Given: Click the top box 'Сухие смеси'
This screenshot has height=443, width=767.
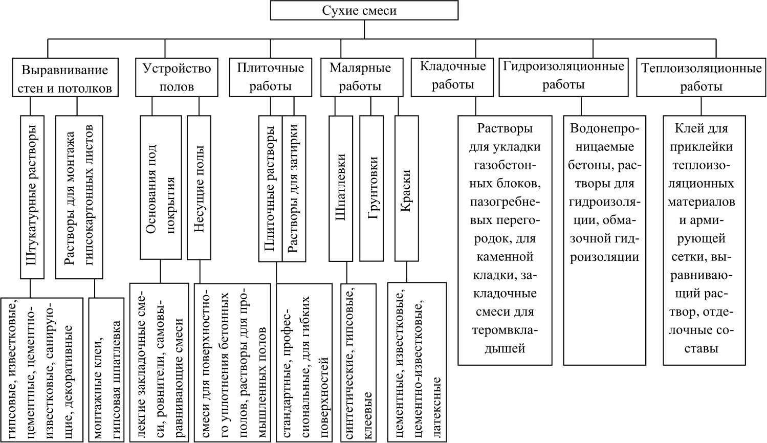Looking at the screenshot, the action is [364, 10].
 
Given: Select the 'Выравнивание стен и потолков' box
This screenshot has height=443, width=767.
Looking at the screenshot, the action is [65, 77].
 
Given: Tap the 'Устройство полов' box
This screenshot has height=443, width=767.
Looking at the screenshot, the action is [177, 77].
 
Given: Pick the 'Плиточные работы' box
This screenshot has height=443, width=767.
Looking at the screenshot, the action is [271, 77].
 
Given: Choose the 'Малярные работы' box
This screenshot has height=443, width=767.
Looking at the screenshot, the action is [362, 77].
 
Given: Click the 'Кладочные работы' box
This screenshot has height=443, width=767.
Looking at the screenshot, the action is [452, 77].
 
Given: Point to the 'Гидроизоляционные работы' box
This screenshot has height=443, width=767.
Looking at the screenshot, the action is [563, 77].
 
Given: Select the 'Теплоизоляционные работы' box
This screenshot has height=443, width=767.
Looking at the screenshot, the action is [701, 77].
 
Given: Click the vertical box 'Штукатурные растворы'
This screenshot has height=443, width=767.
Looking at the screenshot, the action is [32, 197].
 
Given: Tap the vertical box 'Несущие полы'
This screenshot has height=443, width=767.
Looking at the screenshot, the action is [199, 188].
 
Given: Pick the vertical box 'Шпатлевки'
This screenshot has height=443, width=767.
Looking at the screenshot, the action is [341, 189].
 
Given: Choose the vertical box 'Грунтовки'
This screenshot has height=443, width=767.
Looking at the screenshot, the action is [371, 189].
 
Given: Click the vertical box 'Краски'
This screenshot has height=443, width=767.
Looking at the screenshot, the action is [406, 189].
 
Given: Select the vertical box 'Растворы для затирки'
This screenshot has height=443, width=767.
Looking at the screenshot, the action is [294, 189].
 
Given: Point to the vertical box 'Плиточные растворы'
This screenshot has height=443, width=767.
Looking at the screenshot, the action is [271, 189].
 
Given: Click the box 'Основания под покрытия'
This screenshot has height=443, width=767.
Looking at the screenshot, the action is [161, 188].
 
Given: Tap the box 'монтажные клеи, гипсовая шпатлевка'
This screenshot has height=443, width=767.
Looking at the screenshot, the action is [106, 370].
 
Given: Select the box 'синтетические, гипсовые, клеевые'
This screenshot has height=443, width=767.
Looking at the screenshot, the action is [359, 363].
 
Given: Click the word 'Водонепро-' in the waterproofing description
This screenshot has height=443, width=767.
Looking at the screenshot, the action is [605, 129].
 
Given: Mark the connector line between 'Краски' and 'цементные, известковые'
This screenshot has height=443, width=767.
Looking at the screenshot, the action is [407, 272].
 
